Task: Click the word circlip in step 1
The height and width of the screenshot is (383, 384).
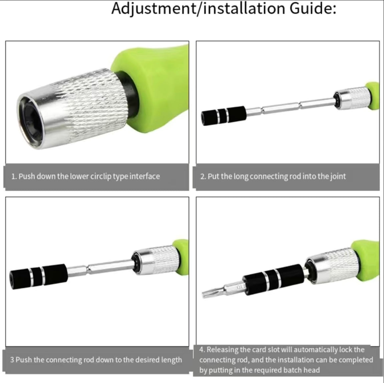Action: coord(101,177)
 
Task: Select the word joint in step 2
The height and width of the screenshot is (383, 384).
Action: coord(338,177)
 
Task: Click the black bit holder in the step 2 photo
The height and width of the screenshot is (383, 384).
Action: coord(224,116)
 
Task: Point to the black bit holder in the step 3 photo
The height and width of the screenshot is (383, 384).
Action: coord(38,276)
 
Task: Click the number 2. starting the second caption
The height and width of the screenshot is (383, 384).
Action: coord(203,177)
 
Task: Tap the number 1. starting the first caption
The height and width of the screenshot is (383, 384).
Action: coord(14,177)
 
